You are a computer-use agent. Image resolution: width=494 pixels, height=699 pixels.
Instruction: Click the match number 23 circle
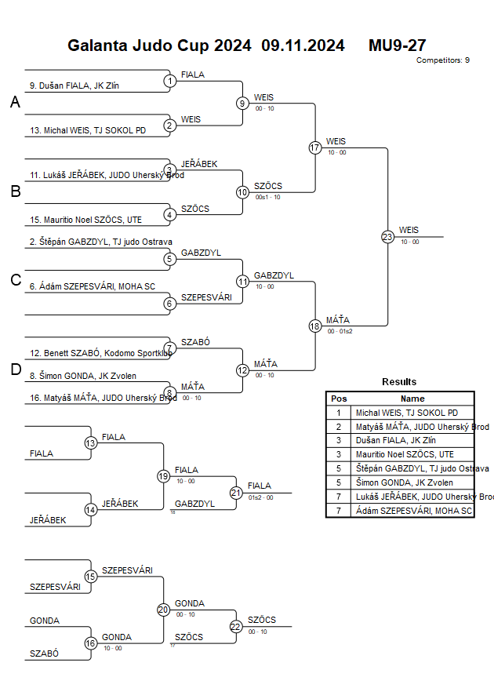pyautogui.click(x=387, y=236)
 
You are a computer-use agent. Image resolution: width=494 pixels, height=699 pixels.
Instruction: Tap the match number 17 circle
pyautogui.click(x=315, y=147)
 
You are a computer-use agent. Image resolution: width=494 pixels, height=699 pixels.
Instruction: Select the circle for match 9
pyautogui.click(x=243, y=103)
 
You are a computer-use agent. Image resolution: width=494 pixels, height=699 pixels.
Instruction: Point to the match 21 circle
pyautogui.click(x=236, y=492)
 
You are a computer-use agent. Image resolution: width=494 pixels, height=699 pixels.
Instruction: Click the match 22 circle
pyautogui.click(x=236, y=626)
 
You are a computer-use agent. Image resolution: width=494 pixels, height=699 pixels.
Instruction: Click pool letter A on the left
pyautogui.click(x=15, y=103)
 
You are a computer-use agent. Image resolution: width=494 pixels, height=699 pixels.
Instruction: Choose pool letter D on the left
pyautogui.click(x=15, y=370)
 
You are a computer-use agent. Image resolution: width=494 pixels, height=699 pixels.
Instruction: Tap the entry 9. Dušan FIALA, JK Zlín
pyautogui.click(x=74, y=86)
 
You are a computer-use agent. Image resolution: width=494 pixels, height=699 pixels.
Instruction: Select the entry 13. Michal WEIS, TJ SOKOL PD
pyautogui.click(x=88, y=130)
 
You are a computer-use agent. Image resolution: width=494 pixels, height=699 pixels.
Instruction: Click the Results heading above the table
pyautogui.click(x=399, y=382)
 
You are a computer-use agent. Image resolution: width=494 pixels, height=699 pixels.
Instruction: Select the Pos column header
pyautogui.click(x=339, y=399)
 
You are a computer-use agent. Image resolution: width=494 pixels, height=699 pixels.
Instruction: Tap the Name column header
pyautogui.click(x=412, y=399)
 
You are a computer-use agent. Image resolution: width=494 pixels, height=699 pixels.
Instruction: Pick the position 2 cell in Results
pyautogui.click(x=339, y=427)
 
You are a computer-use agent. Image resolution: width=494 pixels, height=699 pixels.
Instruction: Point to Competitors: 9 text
pyautogui.click(x=443, y=60)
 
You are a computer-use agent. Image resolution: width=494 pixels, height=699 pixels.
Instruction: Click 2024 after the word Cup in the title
pyautogui.click(x=232, y=46)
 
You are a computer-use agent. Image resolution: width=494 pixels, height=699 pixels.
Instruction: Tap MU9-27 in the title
pyautogui.click(x=397, y=46)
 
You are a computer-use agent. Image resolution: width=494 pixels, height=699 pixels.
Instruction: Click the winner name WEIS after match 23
pyautogui.click(x=409, y=230)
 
